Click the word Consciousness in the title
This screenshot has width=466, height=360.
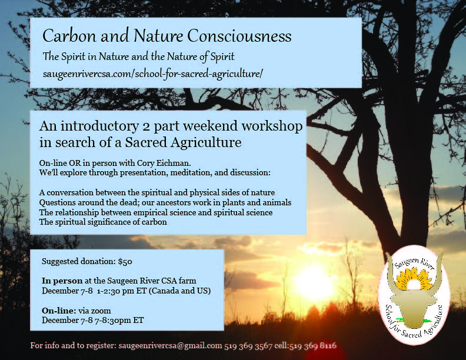(x=239, y=36)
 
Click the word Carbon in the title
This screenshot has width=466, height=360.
(x=69, y=36)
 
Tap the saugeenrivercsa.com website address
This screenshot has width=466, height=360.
(x=153, y=74)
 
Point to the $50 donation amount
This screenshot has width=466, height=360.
(x=125, y=261)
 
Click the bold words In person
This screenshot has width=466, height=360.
(x=62, y=281)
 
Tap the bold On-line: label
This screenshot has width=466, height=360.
(x=59, y=311)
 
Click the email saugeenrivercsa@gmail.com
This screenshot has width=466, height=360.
(x=170, y=346)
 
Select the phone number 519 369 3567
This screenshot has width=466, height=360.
(x=248, y=346)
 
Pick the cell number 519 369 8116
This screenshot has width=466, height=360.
(x=313, y=346)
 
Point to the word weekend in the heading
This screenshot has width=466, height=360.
(x=211, y=126)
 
